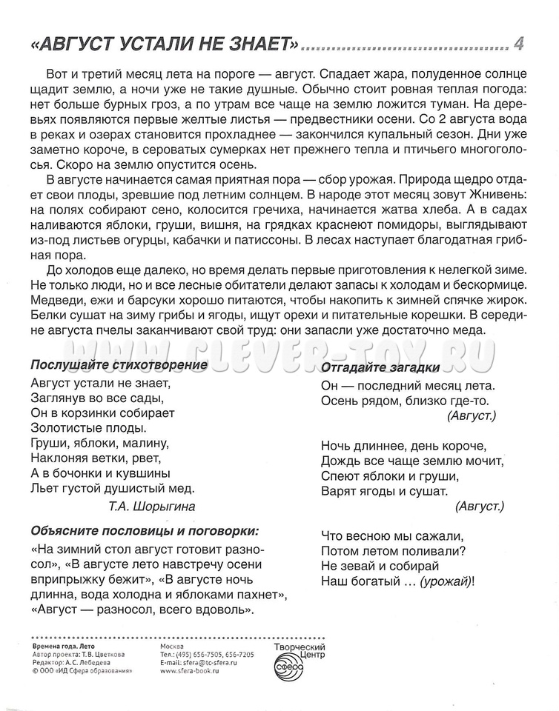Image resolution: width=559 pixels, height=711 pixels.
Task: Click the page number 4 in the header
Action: coord(518,44)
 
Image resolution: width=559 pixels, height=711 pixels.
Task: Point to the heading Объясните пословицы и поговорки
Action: coord(145,531)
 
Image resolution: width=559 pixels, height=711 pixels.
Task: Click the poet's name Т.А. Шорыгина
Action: coord(151,506)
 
